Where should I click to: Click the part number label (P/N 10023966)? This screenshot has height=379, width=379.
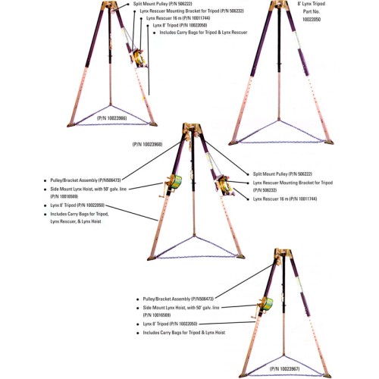[x=112, y=118]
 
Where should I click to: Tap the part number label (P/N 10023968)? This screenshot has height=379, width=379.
[x=147, y=144]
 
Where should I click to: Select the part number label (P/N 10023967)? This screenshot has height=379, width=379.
[x=284, y=369]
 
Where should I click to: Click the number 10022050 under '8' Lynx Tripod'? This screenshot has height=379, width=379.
[x=312, y=19]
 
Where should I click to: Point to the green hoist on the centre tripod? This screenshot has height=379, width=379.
[x=176, y=182]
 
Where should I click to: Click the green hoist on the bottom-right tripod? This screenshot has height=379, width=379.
[x=268, y=304]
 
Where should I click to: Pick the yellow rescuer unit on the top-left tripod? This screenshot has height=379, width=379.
[x=139, y=58]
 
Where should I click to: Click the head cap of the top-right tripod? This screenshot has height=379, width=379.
[x=279, y=5]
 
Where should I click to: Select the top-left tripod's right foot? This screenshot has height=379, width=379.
[x=153, y=124]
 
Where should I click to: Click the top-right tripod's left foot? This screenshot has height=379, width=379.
[x=233, y=143]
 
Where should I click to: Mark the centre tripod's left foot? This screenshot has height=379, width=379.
[x=152, y=258]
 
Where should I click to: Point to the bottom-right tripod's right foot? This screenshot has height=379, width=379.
[x=327, y=375]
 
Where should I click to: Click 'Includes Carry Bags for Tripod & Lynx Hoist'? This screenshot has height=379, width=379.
[x=184, y=333]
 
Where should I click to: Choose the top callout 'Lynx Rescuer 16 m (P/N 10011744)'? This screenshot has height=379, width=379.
[x=178, y=18]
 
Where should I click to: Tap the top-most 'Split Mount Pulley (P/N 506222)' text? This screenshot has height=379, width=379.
[x=163, y=4]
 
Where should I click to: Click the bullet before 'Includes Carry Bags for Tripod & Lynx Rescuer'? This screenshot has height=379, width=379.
[x=155, y=33]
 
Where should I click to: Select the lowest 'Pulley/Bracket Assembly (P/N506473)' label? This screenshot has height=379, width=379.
[x=178, y=299]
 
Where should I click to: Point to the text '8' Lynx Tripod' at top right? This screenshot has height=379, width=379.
[x=312, y=4]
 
